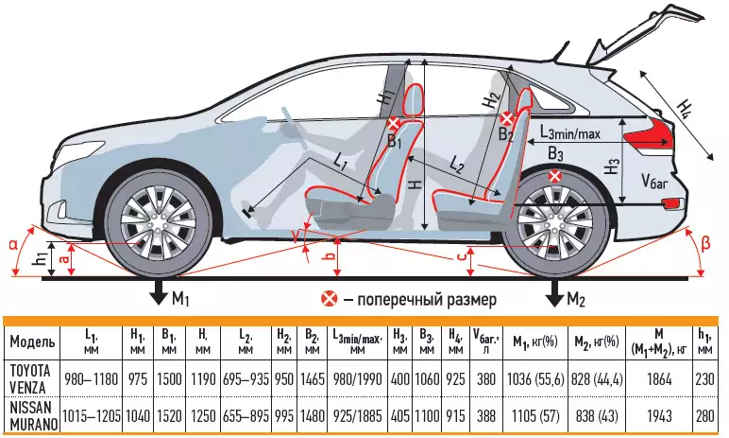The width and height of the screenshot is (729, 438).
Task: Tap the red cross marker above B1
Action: [x=394, y=124]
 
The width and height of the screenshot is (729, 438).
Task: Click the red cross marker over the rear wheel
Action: [x=555, y=176]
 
